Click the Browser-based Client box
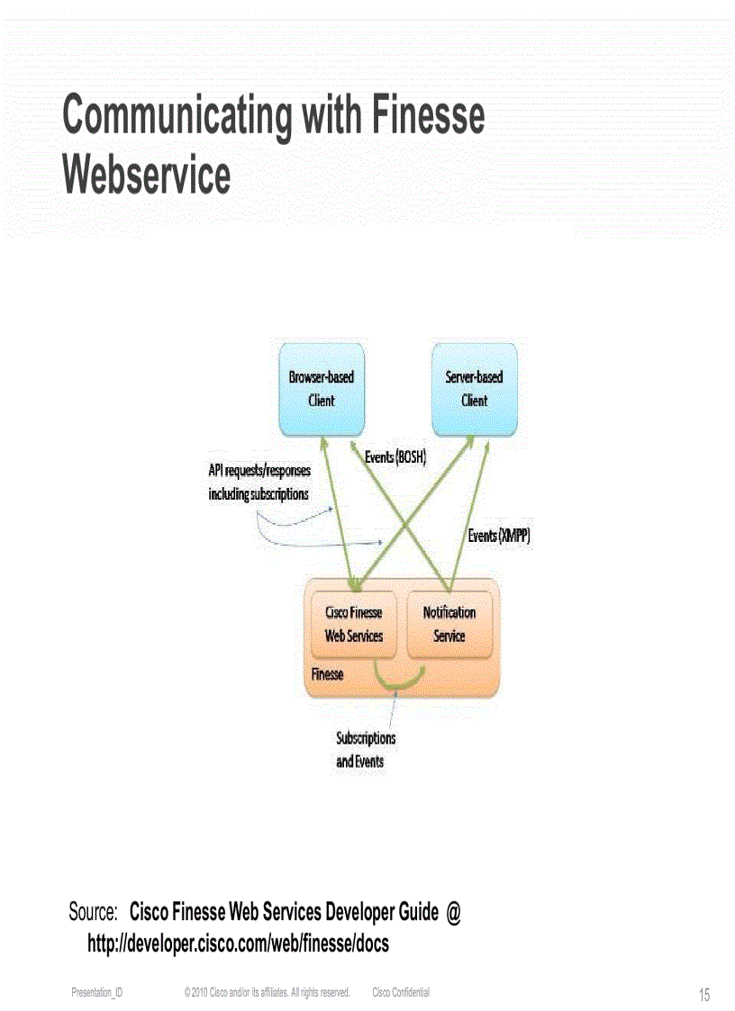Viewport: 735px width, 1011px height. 321,388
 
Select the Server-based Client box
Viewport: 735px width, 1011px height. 474,388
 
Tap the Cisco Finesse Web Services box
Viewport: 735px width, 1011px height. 354,624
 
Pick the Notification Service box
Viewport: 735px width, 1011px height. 449,624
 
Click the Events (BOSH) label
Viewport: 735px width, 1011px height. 395,457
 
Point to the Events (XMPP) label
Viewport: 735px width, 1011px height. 499,536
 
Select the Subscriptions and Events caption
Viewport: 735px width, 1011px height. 366,749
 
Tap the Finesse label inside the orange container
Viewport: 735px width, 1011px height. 327,673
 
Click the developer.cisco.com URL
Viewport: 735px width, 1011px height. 238,943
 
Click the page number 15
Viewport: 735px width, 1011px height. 703,995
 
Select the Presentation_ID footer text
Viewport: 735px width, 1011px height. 97,992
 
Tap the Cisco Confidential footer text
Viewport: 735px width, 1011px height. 401,992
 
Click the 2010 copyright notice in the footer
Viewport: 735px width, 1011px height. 267,992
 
